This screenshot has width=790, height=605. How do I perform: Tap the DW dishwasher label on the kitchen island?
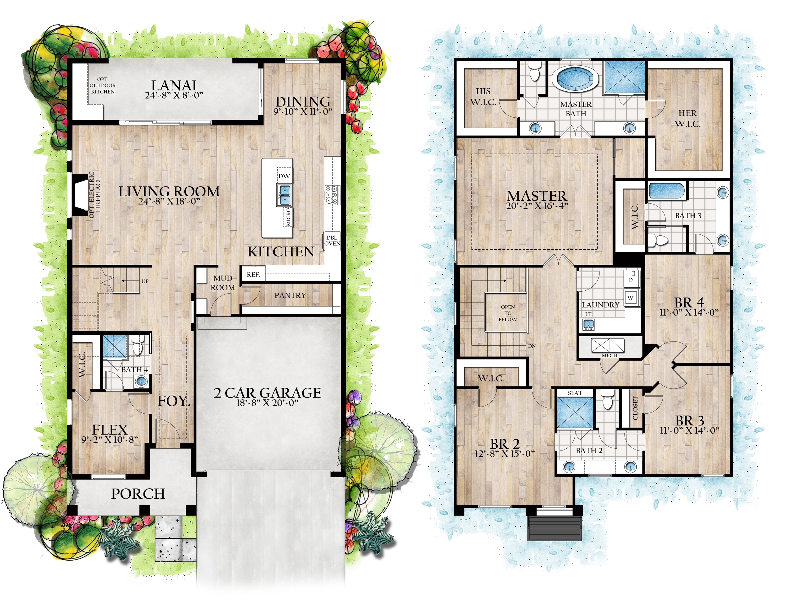pos(284,176)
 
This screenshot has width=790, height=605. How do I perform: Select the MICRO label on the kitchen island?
pos(288,217)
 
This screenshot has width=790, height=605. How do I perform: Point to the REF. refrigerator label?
pos(253,275)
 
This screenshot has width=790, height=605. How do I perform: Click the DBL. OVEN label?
pos(332,241)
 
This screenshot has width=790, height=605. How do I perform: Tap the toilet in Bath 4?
pos(137,348)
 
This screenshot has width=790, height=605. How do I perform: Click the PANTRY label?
pos(290,295)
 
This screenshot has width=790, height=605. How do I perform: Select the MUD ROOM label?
pos(223,283)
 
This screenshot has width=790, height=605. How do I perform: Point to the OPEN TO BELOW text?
pos(507,313)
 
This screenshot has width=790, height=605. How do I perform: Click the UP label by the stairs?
pos(145,281)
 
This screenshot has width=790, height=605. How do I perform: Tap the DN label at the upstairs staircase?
pos(532,346)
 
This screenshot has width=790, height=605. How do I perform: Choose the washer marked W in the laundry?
pos(630,298)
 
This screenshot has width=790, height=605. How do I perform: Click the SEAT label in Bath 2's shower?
pos(575,393)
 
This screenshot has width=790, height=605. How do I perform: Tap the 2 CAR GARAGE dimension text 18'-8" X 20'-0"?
pos(267,403)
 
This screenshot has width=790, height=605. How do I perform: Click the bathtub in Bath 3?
pos(667,190)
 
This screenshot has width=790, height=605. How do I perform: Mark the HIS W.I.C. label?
pos(483,97)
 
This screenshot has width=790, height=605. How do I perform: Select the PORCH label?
pos(138,494)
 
